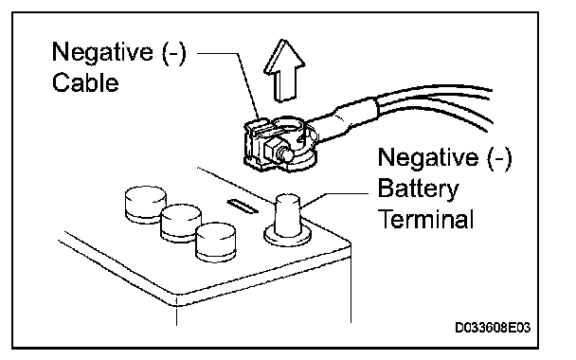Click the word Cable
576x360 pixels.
point(85,82)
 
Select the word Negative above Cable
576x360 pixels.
point(102,52)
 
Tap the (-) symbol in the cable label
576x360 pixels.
point(174,53)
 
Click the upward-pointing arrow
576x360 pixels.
point(284,70)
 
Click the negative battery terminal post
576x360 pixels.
point(288,216)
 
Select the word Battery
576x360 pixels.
point(418,189)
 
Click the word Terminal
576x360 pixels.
point(425,219)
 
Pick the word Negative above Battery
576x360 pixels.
point(428,158)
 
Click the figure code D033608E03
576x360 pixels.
point(493,327)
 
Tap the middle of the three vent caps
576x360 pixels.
point(181,224)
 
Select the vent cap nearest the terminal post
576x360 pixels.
point(216,242)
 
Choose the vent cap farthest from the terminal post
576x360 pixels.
point(146,205)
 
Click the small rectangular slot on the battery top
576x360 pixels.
point(243,206)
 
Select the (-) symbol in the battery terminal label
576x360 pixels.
point(499,159)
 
